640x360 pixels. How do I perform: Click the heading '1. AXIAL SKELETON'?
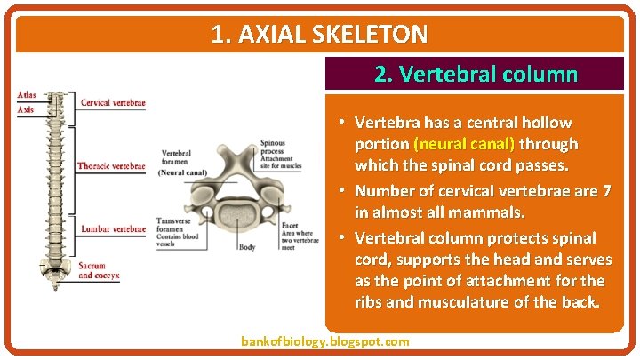tap(319, 35)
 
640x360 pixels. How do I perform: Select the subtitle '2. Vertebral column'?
tap(476, 74)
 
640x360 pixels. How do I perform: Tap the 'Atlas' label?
tap(27, 95)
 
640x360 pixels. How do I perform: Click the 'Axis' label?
tap(26, 109)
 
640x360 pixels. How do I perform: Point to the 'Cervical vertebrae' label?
tap(113, 102)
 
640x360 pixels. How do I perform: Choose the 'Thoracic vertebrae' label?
tap(111, 166)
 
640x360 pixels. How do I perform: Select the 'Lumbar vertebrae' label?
tap(112, 229)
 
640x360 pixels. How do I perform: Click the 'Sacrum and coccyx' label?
tap(98, 271)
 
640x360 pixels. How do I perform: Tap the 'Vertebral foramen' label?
tap(176, 158)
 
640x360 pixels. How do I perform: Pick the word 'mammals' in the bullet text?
tap(494, 213)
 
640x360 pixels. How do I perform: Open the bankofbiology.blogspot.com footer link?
tap(325, 341)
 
